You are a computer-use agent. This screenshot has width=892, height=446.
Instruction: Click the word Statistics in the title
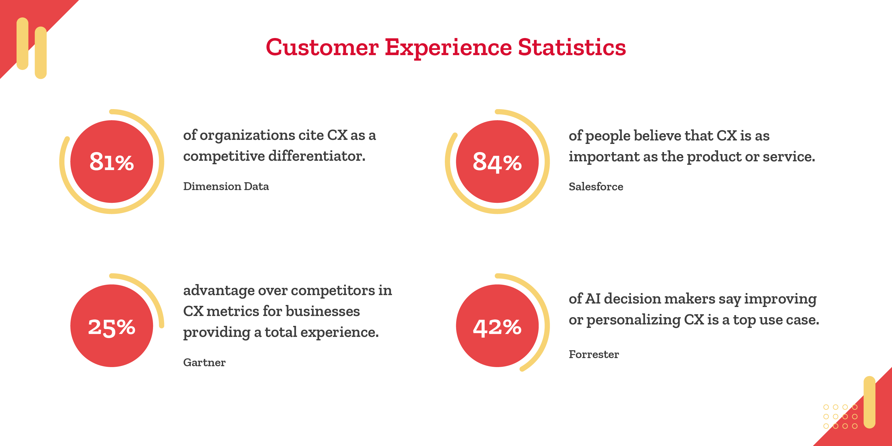coord(572,47)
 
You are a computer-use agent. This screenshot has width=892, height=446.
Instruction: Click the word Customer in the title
coord(322,47)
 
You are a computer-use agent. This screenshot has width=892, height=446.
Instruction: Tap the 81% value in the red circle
coord(111,162)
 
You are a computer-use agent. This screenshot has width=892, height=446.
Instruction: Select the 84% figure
coord(497,162)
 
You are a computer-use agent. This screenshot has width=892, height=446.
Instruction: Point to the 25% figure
coord(111,327)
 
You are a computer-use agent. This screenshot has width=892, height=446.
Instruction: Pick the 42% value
coord(497,327)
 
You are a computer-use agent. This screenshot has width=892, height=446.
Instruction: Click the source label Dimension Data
coord(226,186)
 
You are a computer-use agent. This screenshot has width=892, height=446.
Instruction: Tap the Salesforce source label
coord(596,187)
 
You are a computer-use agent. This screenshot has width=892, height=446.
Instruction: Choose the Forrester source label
coord(594,354)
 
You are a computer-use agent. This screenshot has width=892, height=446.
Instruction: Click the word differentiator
coord(317,156)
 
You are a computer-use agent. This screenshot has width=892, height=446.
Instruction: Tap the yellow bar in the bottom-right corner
coord(869,402)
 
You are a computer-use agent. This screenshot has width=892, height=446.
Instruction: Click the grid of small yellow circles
coord(840,417)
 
